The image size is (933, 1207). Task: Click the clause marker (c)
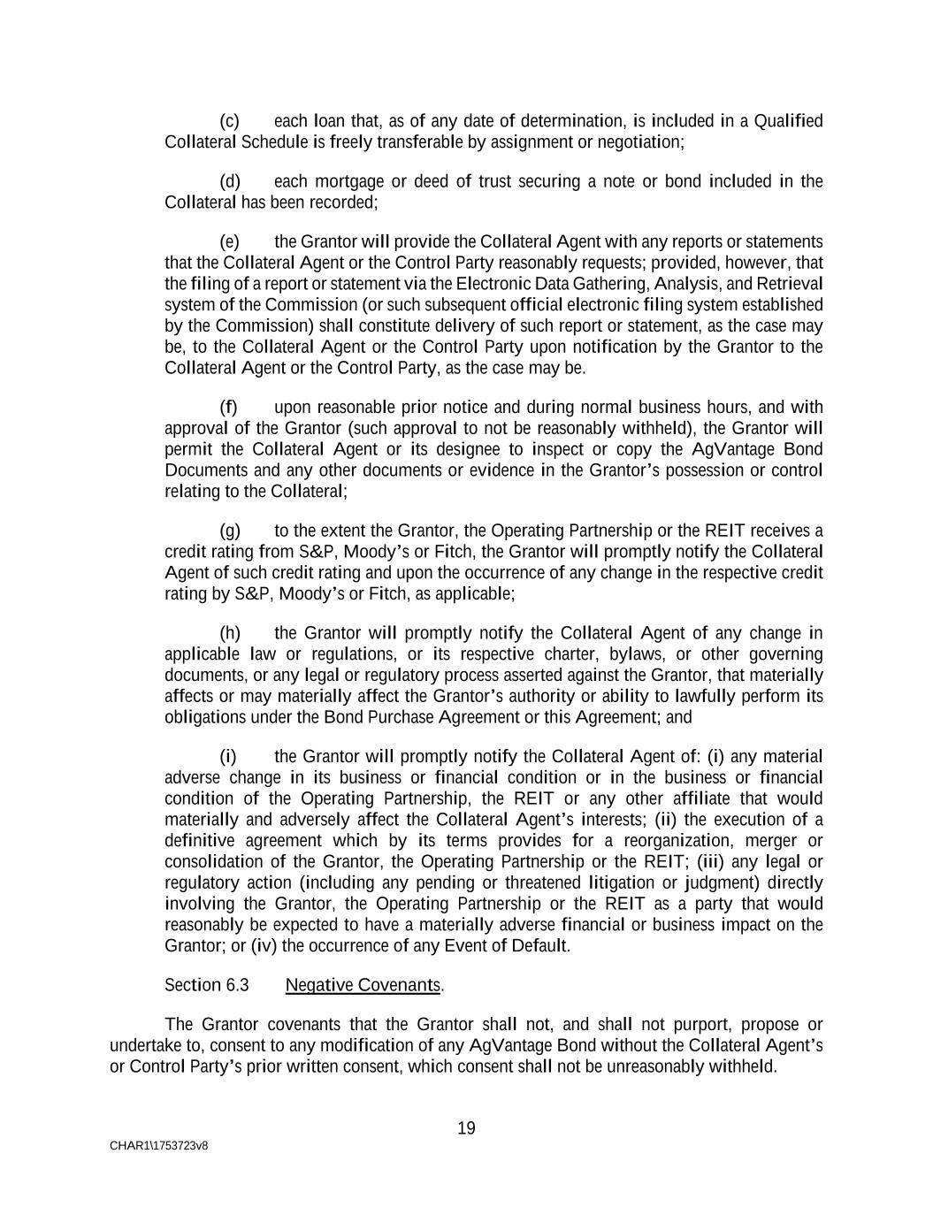tap(229, 121)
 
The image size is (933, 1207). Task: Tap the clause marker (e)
tap(229, 242)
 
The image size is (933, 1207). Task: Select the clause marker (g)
tap(229, 531)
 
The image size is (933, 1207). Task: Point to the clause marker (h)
tap(229, 633)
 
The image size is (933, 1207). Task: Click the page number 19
tap(466, 1128)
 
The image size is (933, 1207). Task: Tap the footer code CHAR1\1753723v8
tap(159, 1146)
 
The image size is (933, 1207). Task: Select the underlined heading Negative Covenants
tap(363, 985)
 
